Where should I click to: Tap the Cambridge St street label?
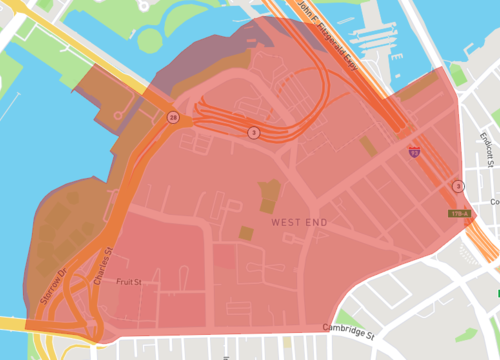[347, 328]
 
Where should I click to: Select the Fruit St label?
[129, 282]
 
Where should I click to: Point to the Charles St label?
[102, 264]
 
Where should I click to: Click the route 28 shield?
[173, 117]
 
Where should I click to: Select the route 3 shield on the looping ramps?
[253, 132]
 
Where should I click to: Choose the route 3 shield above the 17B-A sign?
[458, 186]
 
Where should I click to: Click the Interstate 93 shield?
[414, 151]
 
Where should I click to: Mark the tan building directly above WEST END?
[267, 191]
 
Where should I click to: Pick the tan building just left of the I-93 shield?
[369, 146]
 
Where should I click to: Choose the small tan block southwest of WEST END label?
[246, 233]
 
